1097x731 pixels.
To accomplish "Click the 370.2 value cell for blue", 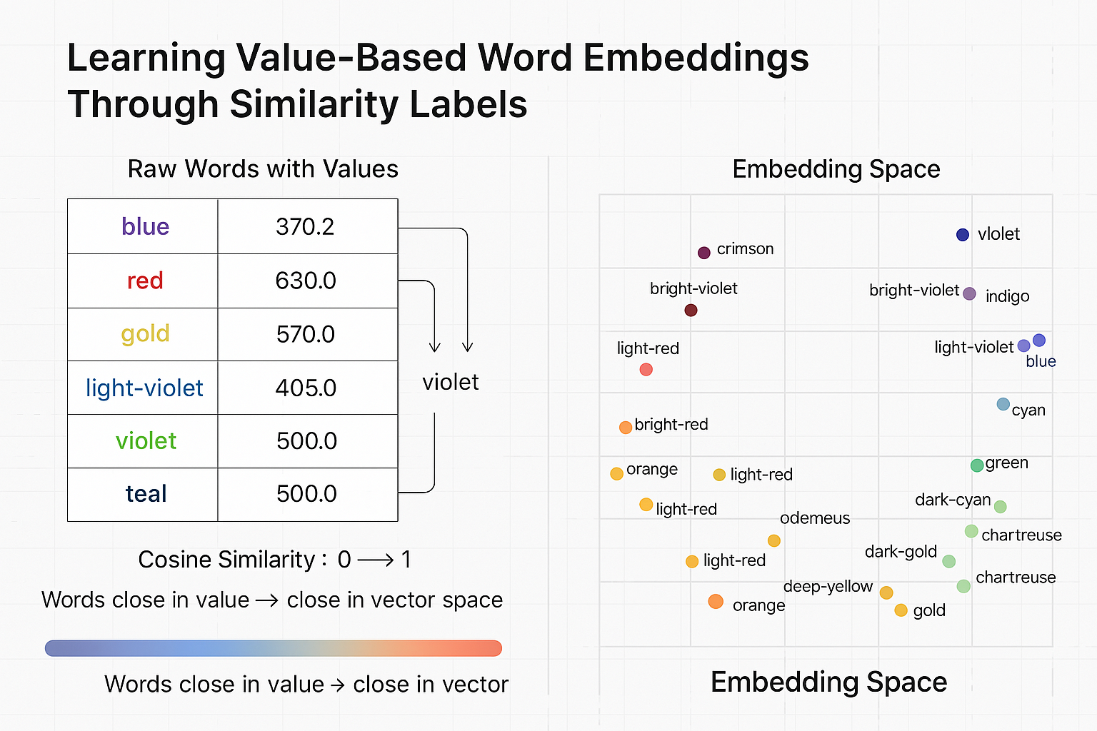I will pos(305,226).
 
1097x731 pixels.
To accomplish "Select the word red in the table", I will pos(145,281).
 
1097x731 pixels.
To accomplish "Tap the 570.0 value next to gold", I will pos(305,334).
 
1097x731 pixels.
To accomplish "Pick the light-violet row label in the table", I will pos(144,388).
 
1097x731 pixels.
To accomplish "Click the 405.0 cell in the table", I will pos(306,388).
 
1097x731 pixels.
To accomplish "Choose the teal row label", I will pos(146,493).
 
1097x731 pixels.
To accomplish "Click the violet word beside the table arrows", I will pos(450,382).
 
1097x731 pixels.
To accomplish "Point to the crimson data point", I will pos(703,252).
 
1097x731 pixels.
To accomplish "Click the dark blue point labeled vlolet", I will pos(962,234).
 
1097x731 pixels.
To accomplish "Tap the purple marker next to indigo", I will pos(969,293).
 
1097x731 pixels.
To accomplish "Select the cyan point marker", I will pos(1003,404).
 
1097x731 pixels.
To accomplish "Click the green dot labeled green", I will pos(977,465).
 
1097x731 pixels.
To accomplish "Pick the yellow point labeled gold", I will pos(901,610).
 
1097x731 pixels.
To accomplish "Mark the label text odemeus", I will pos(814,518).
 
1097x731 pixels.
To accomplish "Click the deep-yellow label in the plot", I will pos(827,586).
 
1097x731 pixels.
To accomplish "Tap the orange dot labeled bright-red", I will pos(625,427).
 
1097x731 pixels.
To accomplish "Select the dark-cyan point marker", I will pos(1000,507).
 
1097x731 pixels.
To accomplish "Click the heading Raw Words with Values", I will pos(263,169).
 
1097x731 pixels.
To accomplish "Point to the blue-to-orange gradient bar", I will pos(273,648).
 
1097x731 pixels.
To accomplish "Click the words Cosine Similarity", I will pos(226,560).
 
